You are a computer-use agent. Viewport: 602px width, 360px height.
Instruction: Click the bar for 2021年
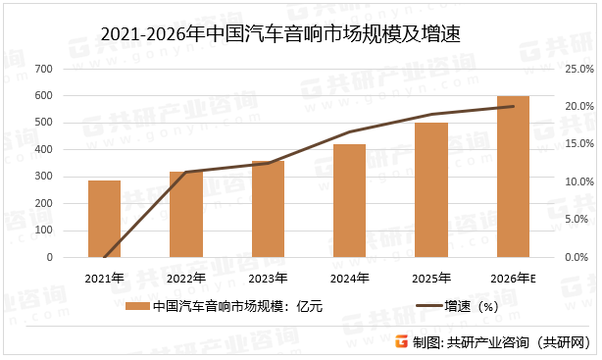point(104,219)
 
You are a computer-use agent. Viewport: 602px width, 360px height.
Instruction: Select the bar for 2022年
point(186,214)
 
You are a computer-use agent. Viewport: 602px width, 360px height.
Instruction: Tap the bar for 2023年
point(268,209)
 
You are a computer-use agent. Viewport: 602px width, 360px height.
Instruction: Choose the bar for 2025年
point(430,190)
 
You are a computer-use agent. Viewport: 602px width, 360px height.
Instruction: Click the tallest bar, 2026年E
point(513,177)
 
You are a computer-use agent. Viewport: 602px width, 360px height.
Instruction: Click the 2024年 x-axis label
point(349,279)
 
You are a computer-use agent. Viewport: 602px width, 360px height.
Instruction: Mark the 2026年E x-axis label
point(514,279)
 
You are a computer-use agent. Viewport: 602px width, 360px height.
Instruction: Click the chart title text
point(281,34)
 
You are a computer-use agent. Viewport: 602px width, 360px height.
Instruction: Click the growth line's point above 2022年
point(186,172)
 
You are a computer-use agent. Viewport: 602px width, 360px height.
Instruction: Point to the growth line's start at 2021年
point(104,257)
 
